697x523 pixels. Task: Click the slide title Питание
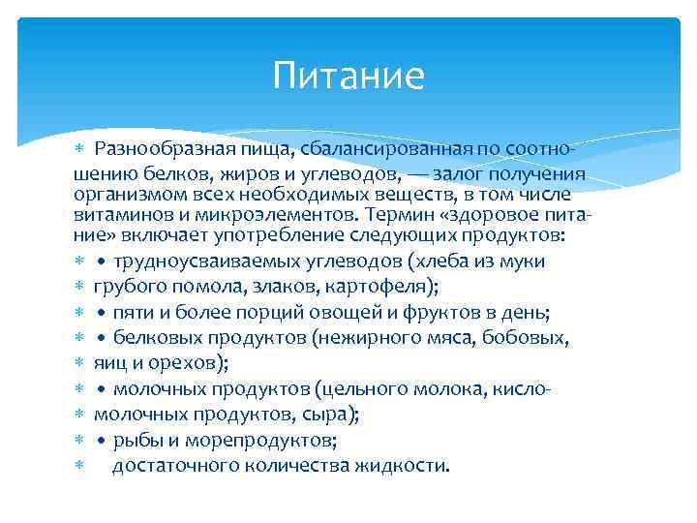[x=348, y=76]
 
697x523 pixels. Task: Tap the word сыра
[x=329, y=414]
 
